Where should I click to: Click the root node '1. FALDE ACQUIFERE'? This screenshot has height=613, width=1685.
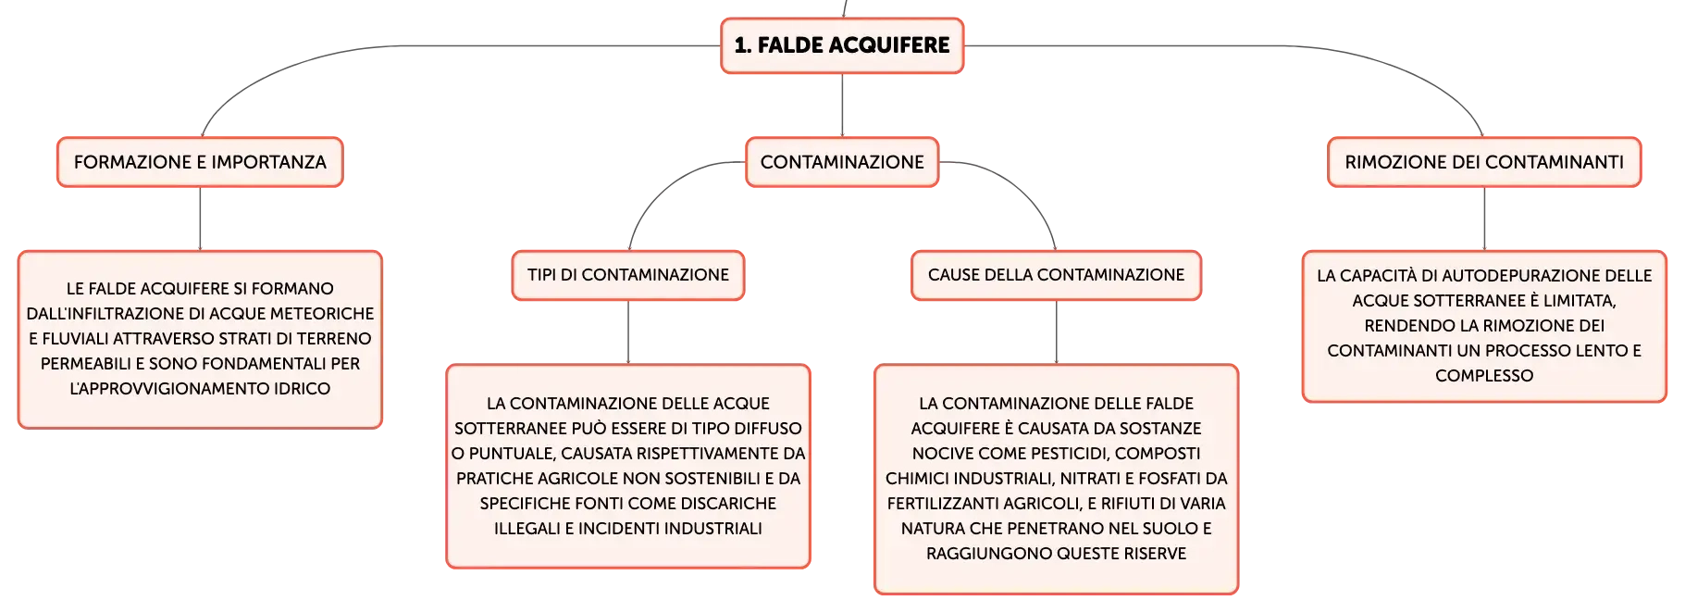(x=842, y=45)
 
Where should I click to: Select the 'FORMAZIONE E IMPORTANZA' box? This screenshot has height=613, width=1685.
(x=200, y=162)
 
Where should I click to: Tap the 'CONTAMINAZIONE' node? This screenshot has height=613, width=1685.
(x=842, y=162)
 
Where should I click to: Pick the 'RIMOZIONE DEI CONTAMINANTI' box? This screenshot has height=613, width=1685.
(x=1484, y=162)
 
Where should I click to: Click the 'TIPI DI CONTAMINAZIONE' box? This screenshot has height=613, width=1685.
(x=628, y=275)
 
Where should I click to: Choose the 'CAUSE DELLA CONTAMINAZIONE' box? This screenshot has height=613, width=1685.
(x=1056, y=275)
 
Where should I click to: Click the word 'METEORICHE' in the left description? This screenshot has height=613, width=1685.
(x=328, y=314)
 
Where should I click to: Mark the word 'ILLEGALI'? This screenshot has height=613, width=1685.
(x=527, y=529)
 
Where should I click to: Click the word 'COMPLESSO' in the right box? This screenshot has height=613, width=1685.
(x=1484, y=376)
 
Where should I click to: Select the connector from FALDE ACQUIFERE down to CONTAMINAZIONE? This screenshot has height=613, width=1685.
(x=842, y=106)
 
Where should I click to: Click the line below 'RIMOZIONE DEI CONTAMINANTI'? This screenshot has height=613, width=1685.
(x=1484, y=219)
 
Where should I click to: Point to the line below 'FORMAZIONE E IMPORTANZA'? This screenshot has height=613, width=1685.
(x=200, y=219)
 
